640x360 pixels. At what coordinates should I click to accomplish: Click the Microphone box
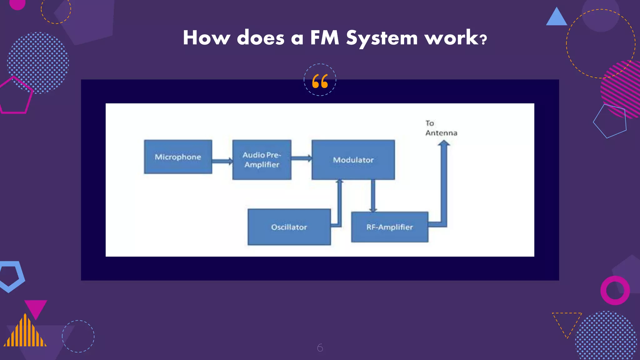178,157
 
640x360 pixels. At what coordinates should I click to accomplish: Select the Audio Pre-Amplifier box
262,160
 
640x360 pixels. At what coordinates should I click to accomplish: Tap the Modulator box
353,160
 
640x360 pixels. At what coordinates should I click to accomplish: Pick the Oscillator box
289,227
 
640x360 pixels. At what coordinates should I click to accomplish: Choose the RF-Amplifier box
389,227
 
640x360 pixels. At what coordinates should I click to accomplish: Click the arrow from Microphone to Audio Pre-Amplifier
222,161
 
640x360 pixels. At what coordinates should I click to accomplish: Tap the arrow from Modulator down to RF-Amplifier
373,195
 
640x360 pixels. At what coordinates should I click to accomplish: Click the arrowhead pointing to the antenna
444,143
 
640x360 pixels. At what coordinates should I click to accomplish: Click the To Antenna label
441,128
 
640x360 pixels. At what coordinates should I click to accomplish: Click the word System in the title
382,38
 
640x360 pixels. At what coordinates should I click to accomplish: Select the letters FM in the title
324,38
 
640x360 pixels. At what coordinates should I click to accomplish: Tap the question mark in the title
483,40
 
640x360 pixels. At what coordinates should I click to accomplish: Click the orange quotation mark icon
320,81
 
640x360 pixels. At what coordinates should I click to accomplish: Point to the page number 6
320,347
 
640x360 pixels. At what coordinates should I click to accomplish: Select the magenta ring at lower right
615,290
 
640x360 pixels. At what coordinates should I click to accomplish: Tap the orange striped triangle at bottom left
25,333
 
